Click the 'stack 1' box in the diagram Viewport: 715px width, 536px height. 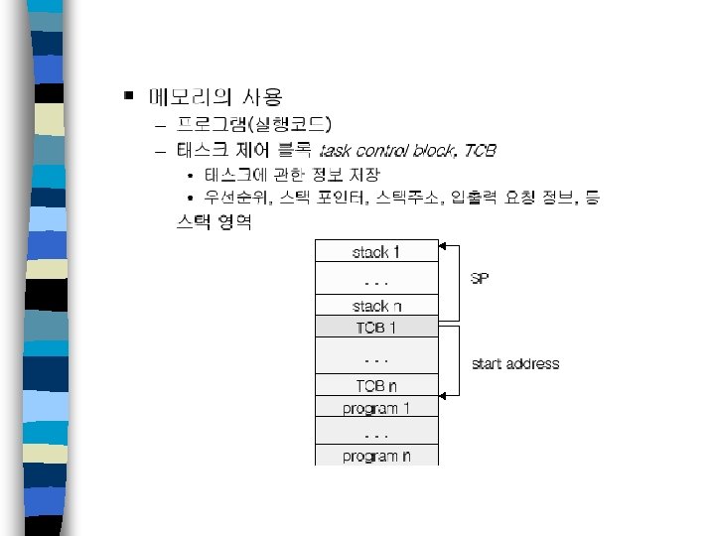pos(376,252)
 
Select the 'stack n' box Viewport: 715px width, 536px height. pos(376,306)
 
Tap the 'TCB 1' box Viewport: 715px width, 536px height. pos(376,328)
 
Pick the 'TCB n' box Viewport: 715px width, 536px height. pos(376,386)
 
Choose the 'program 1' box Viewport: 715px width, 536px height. pos(376,408)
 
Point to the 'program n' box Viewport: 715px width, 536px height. pos(376,456)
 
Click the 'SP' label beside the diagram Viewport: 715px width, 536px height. pos(480,279)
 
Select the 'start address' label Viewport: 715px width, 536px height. pos(515,363)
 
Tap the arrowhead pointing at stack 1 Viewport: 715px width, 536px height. pos(444,245)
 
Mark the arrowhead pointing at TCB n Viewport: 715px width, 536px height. pos(444,395)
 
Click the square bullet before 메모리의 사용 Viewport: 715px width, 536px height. pos(127,96)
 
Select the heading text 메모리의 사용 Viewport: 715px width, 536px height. pos(215,97)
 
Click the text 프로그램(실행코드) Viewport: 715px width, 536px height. pos(254,125)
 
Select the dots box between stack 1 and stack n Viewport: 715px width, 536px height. pos(376,279)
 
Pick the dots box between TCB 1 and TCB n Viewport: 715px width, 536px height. pos(376,356)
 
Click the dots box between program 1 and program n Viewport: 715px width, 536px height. pos(376,433)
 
